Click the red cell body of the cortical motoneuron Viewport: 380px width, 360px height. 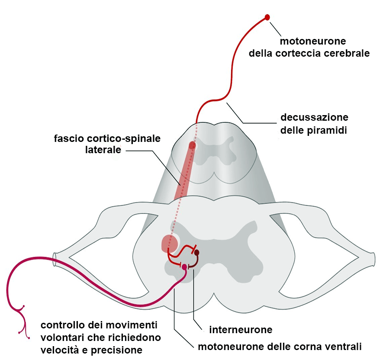pos(267,17)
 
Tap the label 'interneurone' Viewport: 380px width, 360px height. pos(241,330)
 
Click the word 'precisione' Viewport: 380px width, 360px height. pos(119,350)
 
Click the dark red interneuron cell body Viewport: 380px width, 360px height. pos(197,252)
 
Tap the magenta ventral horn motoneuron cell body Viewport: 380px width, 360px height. pos(184,267)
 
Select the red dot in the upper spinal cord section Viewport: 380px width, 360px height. pos(192,145)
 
